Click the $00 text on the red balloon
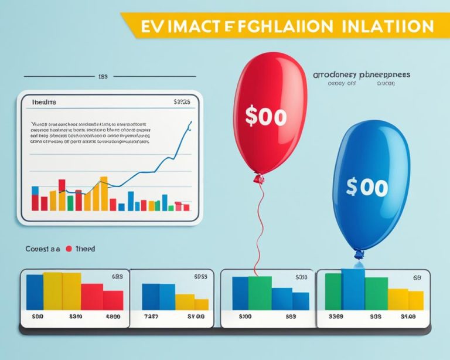(266, 116)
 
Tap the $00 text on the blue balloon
(366, 187)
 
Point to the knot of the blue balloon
(359, 254)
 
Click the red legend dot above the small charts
(69, 249)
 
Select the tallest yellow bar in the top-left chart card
(104, 193)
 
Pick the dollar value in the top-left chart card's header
(182, 102)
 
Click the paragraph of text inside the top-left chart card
(88, 133)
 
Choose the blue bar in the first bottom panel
(35, 291)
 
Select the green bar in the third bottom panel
(260, 293)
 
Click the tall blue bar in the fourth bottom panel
(353, 288)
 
